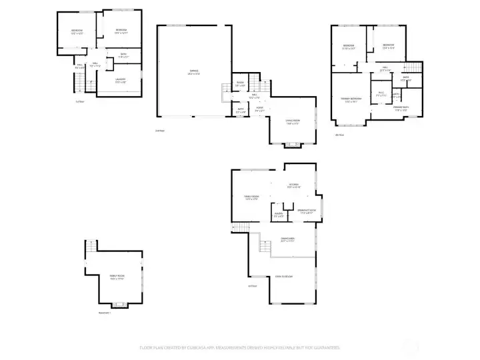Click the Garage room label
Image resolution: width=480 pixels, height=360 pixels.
pos(194,71)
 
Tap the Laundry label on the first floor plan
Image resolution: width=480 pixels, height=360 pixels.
pos(121,81)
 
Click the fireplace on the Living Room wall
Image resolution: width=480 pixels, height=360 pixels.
pos(291,144)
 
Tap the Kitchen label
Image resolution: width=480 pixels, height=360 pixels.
pos(293,186)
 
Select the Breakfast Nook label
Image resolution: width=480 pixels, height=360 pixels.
pos(307,212)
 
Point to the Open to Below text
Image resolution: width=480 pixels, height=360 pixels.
pos(284,276)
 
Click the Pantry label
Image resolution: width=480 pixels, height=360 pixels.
pos(279,215)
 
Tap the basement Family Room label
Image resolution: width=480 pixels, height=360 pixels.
pos(117,278)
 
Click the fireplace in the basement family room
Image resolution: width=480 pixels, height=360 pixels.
pos(121,305)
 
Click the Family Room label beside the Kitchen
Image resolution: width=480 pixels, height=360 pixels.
pos(251,198)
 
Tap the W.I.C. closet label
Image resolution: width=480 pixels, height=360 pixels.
pos(381,93)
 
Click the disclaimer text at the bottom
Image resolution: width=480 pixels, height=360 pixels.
pos(240,347)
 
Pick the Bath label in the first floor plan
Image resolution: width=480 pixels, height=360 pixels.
pos(123,56)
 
